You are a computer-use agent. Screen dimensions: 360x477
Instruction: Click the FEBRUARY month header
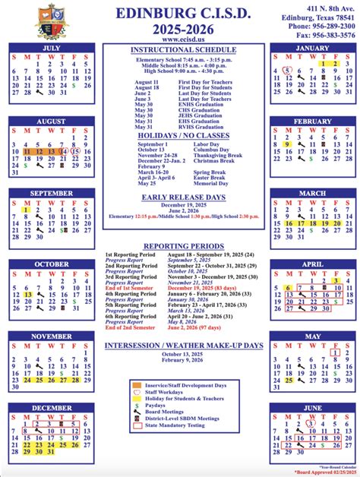coord(311,122)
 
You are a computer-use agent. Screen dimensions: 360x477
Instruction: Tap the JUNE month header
coord(311,407)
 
